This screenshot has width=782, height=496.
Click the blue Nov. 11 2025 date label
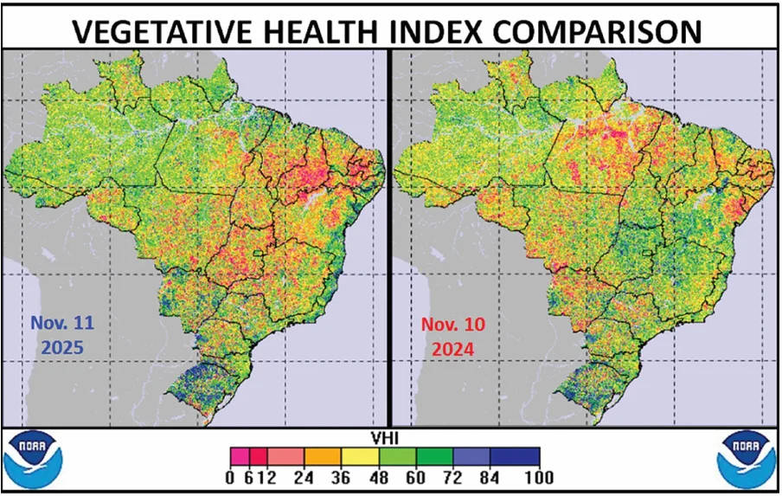tap(62, 336)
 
